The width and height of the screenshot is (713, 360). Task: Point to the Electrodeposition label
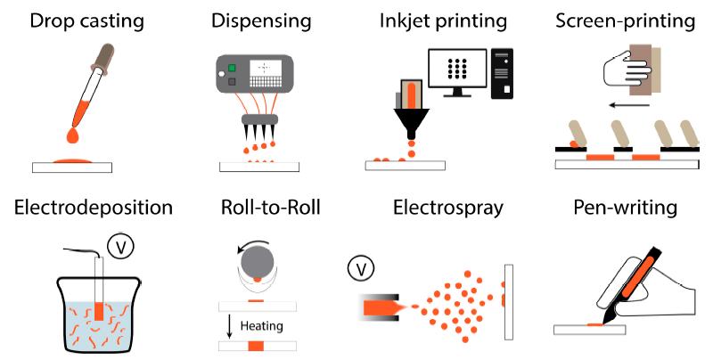tap(94, 209)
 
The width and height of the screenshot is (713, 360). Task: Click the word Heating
tap(261, 326)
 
